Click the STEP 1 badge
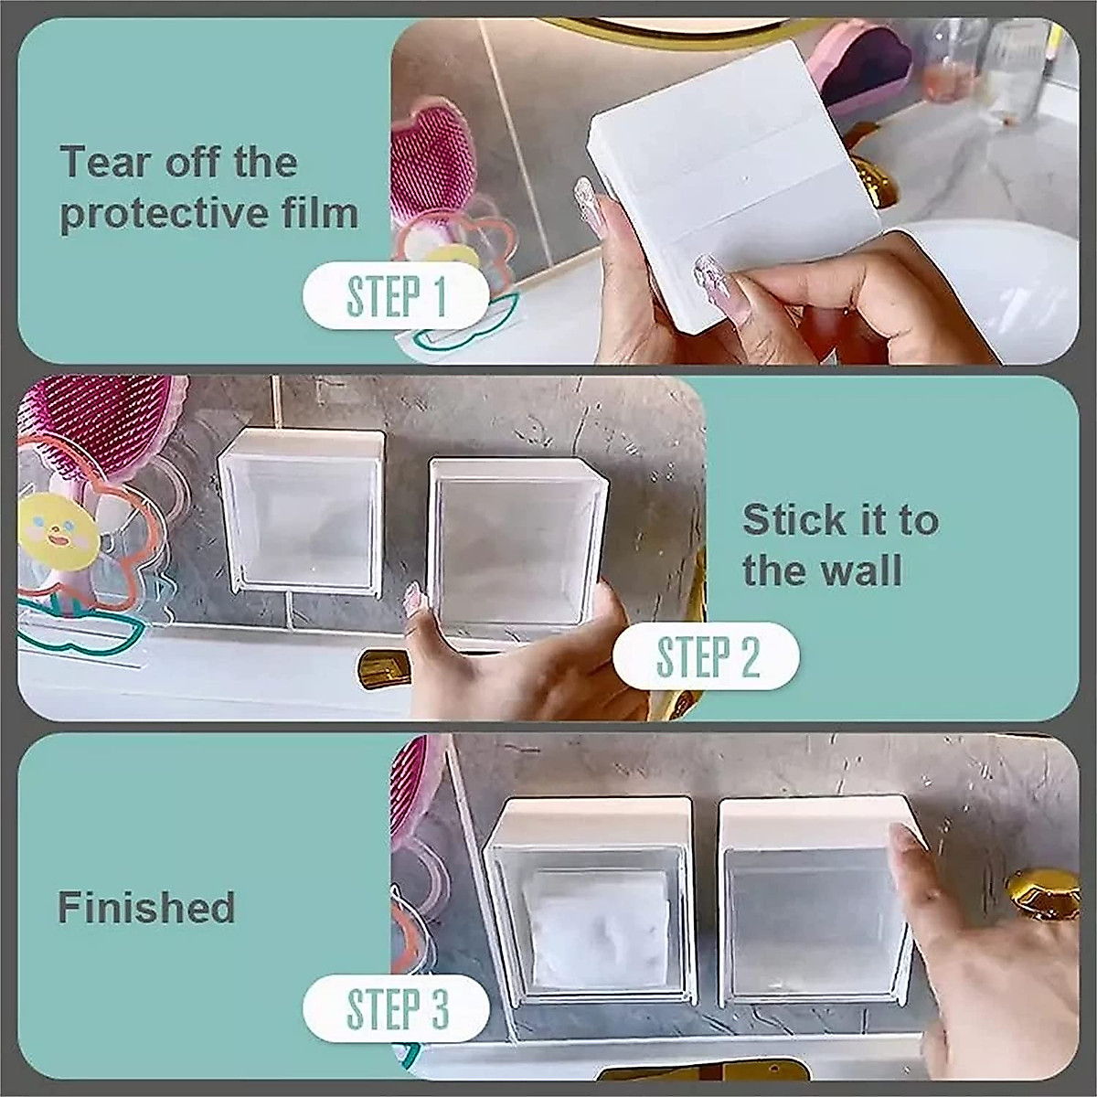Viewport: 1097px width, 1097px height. point(396,296)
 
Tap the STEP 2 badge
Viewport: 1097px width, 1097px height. point(706,655)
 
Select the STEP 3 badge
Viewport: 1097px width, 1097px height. point(396,1008)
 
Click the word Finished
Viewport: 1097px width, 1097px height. point(146,908)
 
